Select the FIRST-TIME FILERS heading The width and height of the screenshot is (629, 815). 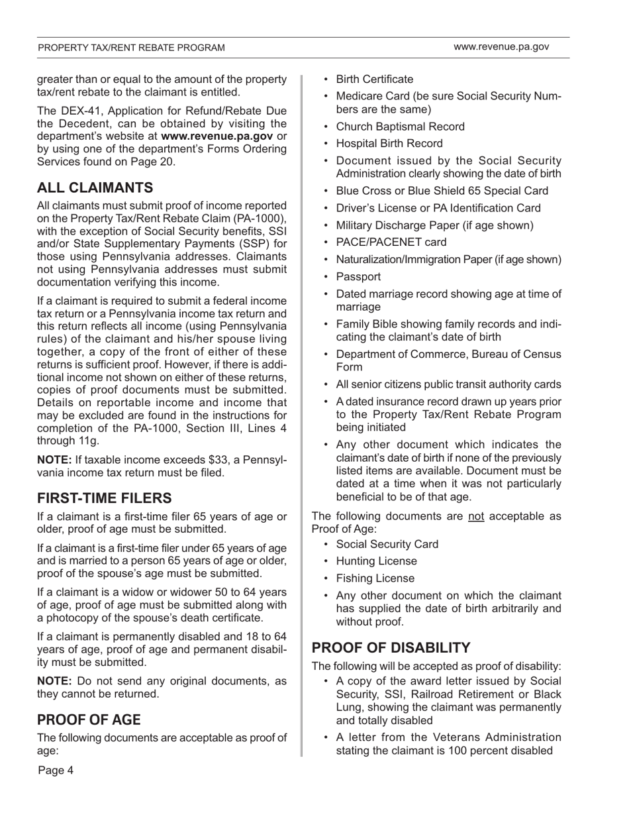[105, 498]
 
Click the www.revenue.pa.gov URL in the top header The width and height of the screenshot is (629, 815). [501, 47]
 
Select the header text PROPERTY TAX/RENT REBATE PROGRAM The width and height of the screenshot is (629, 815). [131, 48]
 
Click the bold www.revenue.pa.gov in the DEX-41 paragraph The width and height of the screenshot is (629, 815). [218, 136]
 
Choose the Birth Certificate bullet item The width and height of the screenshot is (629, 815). [374, 80]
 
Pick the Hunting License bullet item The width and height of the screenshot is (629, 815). [377, 561]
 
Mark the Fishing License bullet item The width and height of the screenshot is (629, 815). [375, 578]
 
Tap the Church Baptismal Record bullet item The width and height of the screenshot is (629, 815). [400, 127]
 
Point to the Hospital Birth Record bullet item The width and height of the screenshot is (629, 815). [389, 143]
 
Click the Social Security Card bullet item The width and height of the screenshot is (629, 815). [387, 544]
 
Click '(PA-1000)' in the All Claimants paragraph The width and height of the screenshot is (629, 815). [261, 218]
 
